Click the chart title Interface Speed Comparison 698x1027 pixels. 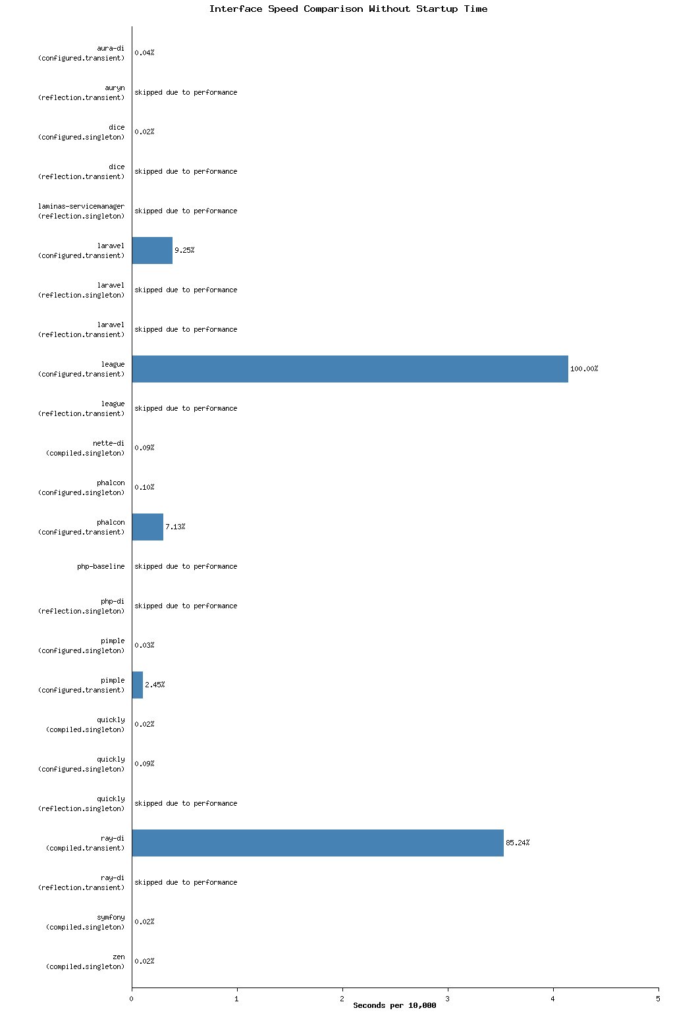(348, 9)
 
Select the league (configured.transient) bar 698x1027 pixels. (350, 369)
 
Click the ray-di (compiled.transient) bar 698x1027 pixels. (317, 843)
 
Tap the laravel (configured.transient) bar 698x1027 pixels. (152, 250)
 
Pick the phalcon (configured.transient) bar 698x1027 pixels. (148, 527)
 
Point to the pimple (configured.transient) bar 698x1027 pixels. (137, 685)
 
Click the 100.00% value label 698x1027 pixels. (584, 369)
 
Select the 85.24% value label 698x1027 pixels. (518, 843)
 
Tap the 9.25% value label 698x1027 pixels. (184, 250)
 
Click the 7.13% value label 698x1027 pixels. (175, 527)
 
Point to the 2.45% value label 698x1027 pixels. (155, 685)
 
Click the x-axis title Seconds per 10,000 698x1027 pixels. (394, 1005)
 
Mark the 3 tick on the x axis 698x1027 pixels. (448, 999)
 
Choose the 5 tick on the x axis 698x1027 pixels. (658, 999)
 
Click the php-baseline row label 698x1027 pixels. (101, 566)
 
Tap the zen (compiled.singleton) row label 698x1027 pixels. (85, 961)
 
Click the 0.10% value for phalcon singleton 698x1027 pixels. (144, 487)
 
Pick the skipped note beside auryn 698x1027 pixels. (186, 92)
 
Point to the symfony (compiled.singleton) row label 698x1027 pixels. (85, 922)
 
